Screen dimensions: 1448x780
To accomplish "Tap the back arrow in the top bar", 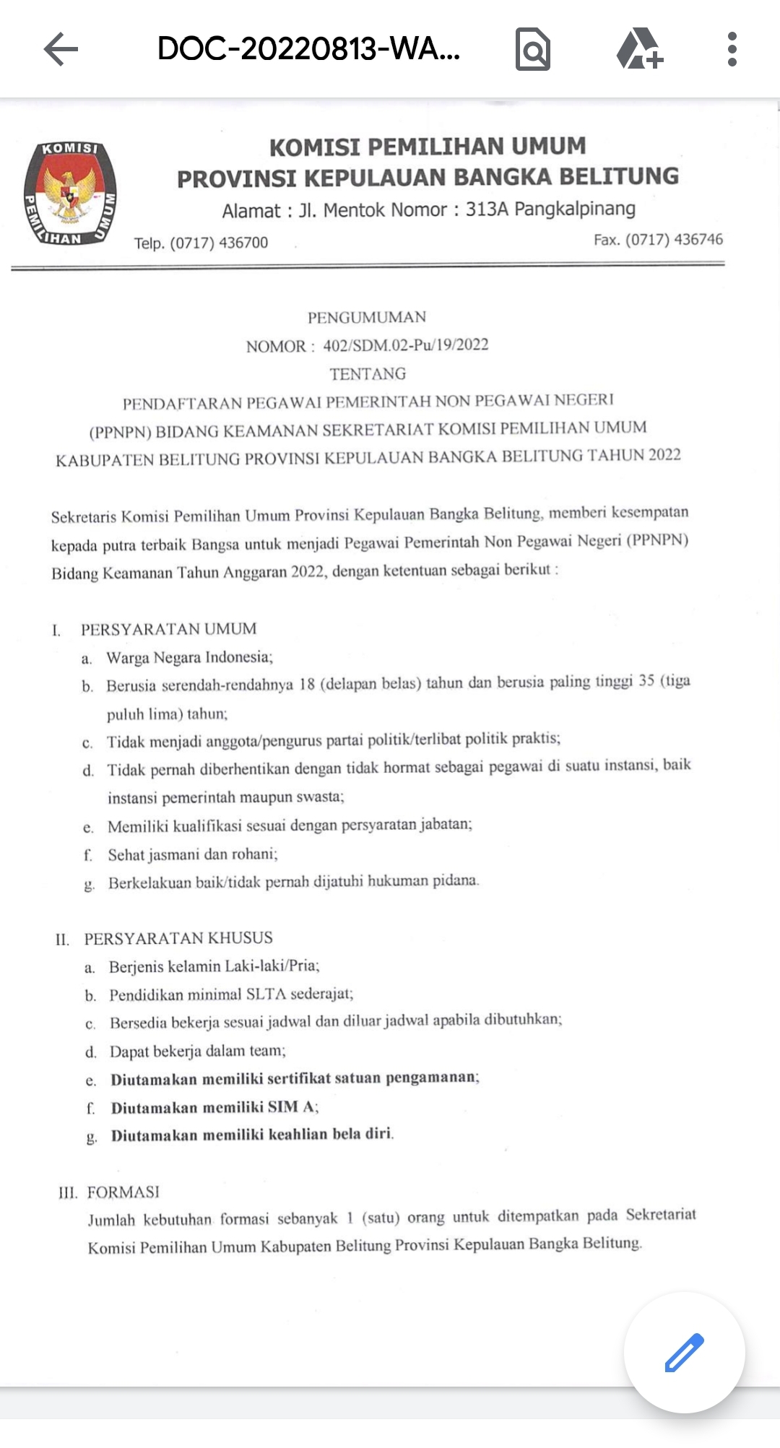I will click(61, 50).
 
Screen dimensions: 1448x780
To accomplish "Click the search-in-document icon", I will click(533, 50).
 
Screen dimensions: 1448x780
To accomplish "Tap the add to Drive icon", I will click(639, 49).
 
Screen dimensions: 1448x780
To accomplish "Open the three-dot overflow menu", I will click(732, 50).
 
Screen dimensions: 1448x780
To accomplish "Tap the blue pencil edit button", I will click(684, 1352).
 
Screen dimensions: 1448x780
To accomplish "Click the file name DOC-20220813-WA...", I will click(308, 50).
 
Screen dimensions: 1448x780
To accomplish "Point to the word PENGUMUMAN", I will click(367, 318).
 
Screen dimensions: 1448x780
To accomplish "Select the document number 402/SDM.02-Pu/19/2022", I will click(406, 345).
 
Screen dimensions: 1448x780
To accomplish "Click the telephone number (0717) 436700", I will click(218, 243).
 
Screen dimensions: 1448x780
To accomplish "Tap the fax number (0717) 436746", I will click(674, 240).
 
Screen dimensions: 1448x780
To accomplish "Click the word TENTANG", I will click(368, 374).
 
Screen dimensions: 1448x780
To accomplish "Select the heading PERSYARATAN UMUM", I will click(168, 629).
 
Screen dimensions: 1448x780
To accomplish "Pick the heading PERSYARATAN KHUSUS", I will click(178, 938).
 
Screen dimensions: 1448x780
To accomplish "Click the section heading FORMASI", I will click(123, 1192).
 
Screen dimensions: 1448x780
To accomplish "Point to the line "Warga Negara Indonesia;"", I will click(189, 657).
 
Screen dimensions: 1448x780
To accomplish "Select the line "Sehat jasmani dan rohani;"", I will click(192, 854).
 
